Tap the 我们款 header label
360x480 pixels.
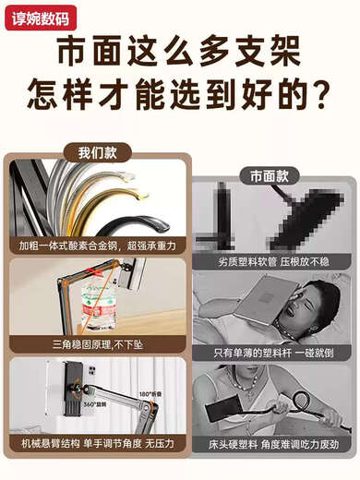[97, 152]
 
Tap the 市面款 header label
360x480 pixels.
[269, 174]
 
